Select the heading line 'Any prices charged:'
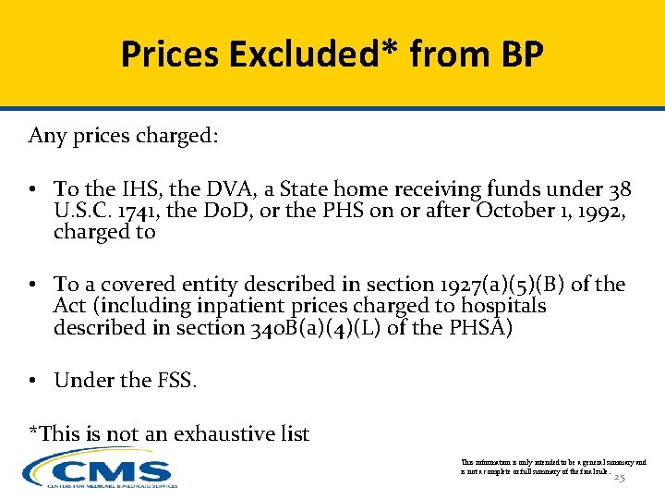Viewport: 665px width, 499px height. click(124, 136)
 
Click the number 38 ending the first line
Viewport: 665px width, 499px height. click(620, 190)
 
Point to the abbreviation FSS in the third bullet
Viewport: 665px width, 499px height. click(173, 380)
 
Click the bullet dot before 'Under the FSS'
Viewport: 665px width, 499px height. click(31, 381)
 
